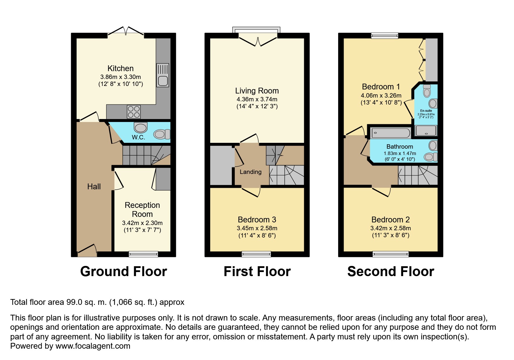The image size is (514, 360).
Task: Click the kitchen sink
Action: pos(163,75)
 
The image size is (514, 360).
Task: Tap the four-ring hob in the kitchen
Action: pos(134,112)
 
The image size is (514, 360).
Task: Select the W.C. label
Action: pos(138,137)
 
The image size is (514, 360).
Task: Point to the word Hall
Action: pos(94,187)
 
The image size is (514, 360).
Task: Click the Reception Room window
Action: pos(143,254)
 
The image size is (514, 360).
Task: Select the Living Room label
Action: pos(257,91)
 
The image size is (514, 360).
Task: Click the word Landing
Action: pos(250,172)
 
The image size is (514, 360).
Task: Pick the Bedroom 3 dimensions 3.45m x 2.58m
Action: pos(257,228)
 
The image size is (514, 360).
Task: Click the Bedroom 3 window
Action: pos(256,254)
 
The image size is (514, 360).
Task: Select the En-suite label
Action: pos(426,111)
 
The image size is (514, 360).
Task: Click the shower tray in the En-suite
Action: pos(426,131)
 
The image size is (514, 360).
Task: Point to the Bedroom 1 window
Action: pos(385,36)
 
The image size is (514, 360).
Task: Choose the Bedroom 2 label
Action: pos(390,220)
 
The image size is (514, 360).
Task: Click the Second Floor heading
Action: pos(391,272)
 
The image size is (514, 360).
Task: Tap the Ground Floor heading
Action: pos(124,272)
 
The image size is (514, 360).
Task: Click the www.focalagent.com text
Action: pos(93,346)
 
